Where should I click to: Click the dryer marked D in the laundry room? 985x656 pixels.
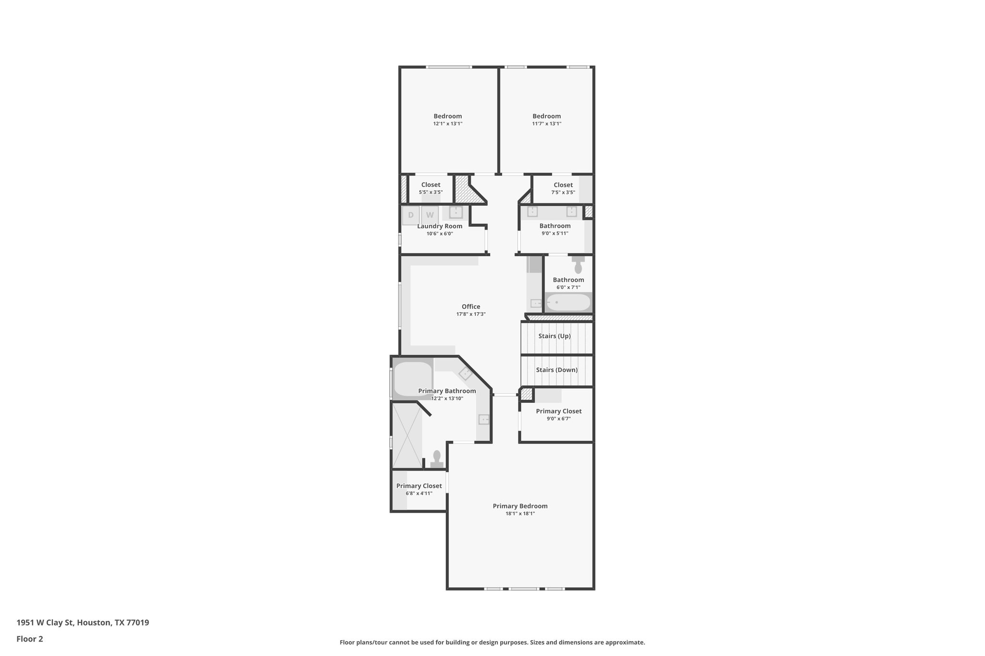point(411,215)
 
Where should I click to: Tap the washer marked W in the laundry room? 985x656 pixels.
point(430,215)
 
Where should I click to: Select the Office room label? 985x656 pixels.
point(471,307)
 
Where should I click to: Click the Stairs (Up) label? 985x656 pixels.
point(555,336)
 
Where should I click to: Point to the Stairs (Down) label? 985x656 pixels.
point(556,370)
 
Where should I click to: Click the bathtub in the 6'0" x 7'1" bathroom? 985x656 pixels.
point(568,302)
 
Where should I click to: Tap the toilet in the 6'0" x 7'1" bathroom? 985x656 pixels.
point(578,266)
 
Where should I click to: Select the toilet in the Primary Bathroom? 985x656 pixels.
point(437,458)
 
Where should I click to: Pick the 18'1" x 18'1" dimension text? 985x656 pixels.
point(520,514)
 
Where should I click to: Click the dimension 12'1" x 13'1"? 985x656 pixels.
point(447,124)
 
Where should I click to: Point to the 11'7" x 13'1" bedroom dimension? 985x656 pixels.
point(546,124)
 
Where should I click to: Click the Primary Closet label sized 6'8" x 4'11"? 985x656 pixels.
point(419,486)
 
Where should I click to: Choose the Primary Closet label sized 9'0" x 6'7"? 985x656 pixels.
point(558,411)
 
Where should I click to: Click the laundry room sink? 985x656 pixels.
point(455,212)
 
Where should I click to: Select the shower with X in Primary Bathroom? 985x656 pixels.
point(407,435)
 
